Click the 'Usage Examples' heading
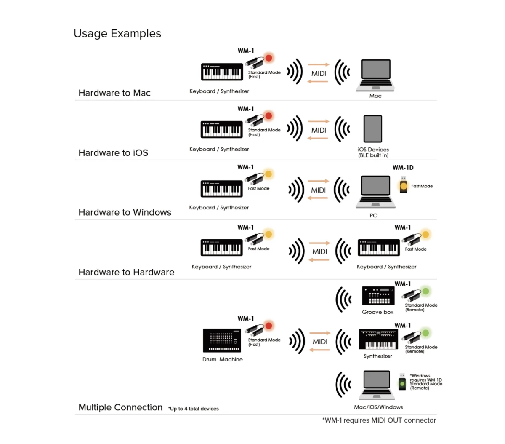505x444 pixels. click(117, 34)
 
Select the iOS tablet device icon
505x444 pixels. click(373, 129)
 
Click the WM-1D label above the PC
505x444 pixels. click(403, 167)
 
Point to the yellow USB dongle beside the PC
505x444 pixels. click(403, 185)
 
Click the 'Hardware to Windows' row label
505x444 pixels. click(125, 212)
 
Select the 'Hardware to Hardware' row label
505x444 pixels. click(126, 272)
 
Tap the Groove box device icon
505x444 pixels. click(378, 296)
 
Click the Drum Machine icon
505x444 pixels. click(222, 340)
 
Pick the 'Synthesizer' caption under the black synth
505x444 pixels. click(377, 356)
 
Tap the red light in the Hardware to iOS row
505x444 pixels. click(268, 116)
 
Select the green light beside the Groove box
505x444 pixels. click(425, 291)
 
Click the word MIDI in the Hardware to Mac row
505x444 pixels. click(319, 73)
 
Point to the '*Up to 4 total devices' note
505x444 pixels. click(193, 409)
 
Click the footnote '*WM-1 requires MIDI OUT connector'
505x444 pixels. click(379, 420)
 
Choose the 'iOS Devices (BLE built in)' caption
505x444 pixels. click(373, 152)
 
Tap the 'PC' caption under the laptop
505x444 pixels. click(373, 215)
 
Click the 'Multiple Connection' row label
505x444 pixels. click(120, 407)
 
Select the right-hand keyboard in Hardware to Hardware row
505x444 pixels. click(379, 248)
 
